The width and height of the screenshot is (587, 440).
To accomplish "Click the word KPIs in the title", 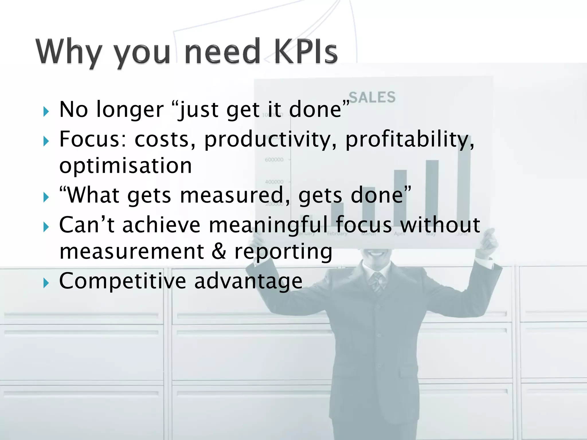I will click(x=306, y=52).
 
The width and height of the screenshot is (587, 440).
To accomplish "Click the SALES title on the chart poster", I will click(x=372, y=97).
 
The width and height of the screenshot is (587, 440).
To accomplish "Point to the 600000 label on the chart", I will click(x=274, y=160).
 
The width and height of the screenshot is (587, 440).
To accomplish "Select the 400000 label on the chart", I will click(x=274, y=182).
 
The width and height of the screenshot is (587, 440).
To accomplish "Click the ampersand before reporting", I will click(x=219, y=251).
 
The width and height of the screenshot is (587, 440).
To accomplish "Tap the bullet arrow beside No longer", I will click(x=46, y=111).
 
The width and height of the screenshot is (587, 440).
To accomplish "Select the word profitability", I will click(x=410, y=140).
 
